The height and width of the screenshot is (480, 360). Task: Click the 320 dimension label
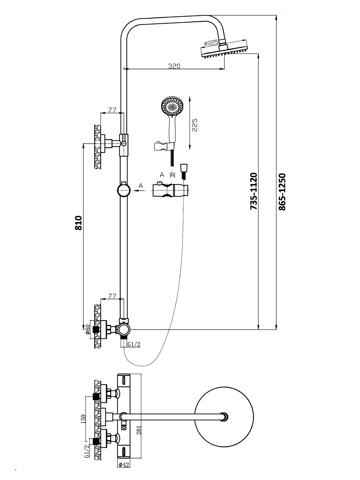click(x=174, y=66)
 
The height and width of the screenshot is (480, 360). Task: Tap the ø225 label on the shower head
click(x=211, y=43)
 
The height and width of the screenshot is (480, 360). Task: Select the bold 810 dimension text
click(x=79, y=223)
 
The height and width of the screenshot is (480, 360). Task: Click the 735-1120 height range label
click(x=254, y=191)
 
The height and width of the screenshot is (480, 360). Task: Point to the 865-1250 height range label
click(x=282, y=192)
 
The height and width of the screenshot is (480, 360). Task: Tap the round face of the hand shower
click(x=172, y=106)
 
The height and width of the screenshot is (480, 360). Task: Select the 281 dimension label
click(x=139, y=430)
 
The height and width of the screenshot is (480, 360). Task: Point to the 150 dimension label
click(x=84, y=419)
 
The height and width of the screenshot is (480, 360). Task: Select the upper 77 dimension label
click(x=112, y=110)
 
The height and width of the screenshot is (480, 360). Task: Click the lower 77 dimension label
click(x=112, y=296)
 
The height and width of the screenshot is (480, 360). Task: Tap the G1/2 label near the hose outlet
click(x=134, y=345)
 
